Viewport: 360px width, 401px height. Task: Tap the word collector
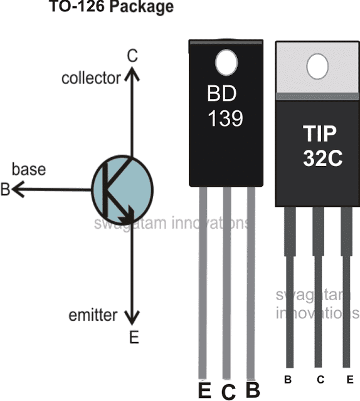tap(91, 78)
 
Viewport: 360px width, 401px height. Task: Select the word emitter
tap(93, 315)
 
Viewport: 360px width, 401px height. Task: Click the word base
tap(29, 170)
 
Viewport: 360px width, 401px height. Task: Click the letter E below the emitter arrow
tap(133, 338)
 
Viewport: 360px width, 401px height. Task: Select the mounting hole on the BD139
tap(226, 61)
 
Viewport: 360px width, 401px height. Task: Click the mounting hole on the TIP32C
tap(319, 63)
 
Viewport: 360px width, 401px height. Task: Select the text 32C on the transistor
tap(320, 158)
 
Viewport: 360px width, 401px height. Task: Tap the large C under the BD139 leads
tap(228, 391)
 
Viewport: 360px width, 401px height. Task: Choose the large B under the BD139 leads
tap(253, 388)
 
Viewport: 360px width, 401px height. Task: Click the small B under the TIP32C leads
tap(288, 379)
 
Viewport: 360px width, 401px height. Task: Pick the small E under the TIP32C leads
tap(349, 379)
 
